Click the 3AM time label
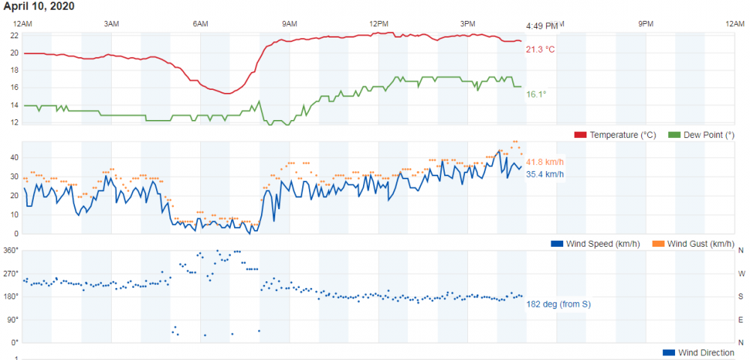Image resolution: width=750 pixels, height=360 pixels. click(x=111, y=25)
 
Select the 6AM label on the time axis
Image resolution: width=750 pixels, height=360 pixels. click(x=200, y=25)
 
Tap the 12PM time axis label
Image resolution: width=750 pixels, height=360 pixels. click(x=379, y=25)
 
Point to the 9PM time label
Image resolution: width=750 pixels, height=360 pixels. click(x=646, y=25)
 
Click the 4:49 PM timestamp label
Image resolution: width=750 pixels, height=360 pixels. click(x=541, y=25)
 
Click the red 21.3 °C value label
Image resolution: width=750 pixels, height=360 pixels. click(x=540, y=49)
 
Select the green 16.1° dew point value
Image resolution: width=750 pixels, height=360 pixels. click(x=536, y=94)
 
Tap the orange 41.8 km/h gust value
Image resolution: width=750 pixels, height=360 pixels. click(x=544, y=162)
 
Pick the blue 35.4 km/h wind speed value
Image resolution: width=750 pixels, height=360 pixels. click(x=544, y=175)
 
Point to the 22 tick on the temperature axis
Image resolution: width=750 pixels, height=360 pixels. click(x=14, y=35)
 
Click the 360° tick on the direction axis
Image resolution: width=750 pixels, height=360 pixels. click(x=11, y=250)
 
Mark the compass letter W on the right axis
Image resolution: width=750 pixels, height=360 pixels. click(x=741, y=274)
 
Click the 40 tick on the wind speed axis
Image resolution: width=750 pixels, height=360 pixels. click(x=14, y=157)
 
